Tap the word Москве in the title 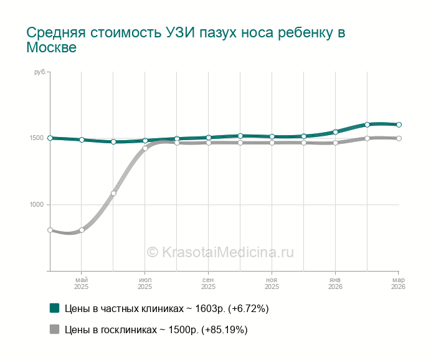51,48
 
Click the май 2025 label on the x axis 82,283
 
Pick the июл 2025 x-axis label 145,283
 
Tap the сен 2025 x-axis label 209,283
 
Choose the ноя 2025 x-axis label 272,283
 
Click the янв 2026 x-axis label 336,283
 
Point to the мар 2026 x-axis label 398,283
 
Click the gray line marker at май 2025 82,230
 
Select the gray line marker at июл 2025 145,148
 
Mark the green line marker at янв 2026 336,132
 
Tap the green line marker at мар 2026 399,125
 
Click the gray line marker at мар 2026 399,138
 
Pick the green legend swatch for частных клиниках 55,308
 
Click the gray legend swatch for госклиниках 55,330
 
